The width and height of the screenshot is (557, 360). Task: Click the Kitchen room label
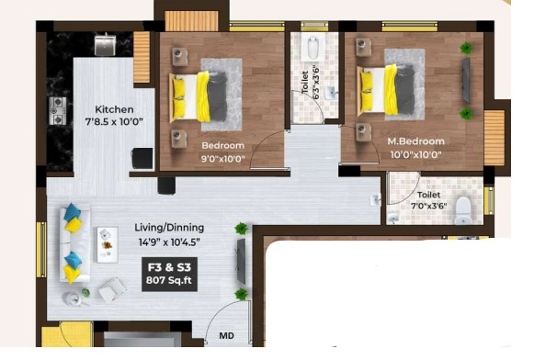114,109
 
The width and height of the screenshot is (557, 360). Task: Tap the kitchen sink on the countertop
105,45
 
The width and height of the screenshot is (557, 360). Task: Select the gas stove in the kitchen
58,111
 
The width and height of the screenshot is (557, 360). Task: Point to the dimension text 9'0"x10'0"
223,159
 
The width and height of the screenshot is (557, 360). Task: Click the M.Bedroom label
415,141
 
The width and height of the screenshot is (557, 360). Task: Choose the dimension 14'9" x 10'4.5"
169,242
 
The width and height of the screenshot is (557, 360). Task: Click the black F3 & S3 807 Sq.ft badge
169,274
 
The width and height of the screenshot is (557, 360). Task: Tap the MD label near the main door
227,335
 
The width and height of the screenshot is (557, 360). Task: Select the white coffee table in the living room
108,245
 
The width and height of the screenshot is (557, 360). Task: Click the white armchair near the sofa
112,289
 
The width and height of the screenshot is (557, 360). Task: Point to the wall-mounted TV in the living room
241,261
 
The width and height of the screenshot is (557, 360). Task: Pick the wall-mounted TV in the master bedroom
466,80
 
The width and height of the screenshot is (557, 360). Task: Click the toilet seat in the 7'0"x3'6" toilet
463,210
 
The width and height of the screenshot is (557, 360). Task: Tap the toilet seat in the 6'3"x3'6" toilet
313,49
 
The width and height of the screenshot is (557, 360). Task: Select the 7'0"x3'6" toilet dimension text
428,206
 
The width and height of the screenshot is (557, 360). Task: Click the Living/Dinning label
169,228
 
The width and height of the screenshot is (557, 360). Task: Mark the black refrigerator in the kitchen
142,158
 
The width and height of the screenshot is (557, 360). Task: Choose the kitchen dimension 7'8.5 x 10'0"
114,122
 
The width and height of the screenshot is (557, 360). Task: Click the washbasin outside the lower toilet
376,200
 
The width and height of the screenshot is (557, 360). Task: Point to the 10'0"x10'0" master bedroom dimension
415,155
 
